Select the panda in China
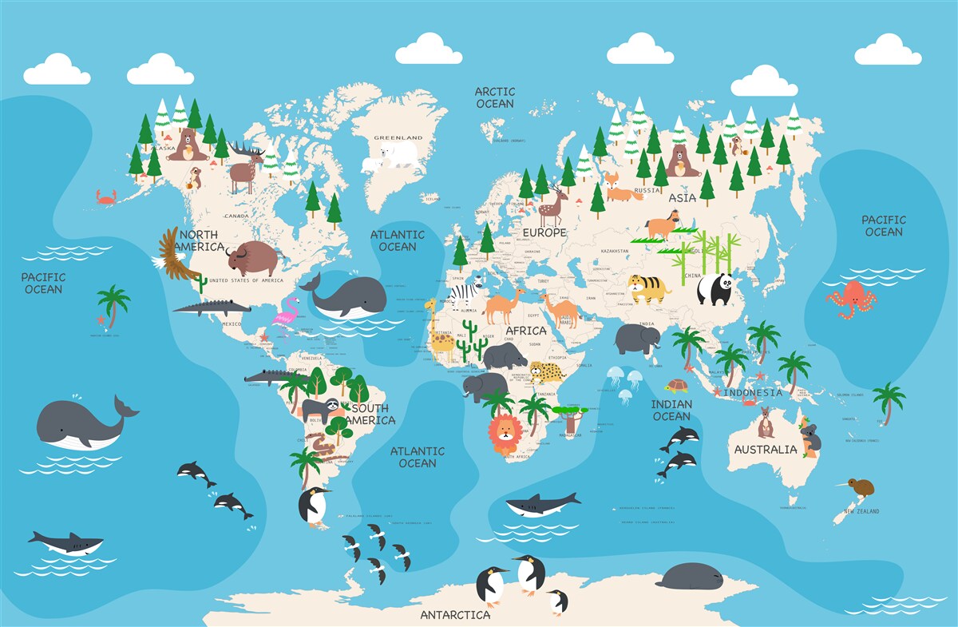[715, 289]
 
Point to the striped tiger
[647, 288]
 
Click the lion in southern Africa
[505, 435]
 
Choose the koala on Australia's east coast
[812, 439]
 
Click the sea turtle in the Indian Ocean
[678, 387]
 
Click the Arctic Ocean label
[495, 97]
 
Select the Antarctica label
[455, 615]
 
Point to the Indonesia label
[753, 393]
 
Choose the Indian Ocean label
[671, 410]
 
